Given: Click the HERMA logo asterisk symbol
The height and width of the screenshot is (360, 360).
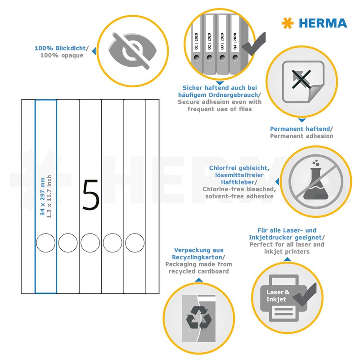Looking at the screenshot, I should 287,23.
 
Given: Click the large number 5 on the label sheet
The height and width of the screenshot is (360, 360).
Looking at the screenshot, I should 90,195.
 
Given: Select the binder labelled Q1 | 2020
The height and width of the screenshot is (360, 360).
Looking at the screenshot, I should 197,43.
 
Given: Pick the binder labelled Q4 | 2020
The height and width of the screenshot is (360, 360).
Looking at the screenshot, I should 234,43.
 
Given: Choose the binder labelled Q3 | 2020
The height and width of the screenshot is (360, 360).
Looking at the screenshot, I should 222,43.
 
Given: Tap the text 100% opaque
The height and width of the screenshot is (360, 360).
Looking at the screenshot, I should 62,55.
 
